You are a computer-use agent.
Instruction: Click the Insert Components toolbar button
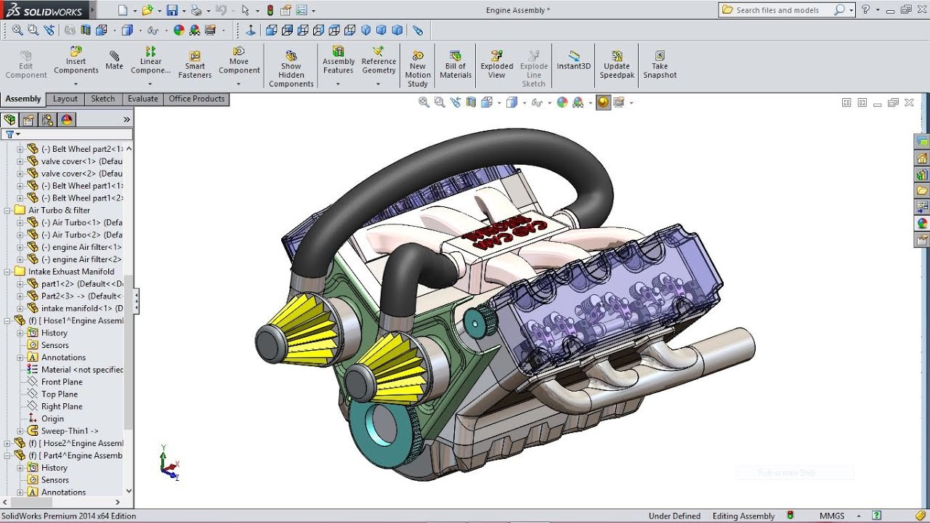76,61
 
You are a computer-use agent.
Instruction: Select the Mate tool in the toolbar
114,60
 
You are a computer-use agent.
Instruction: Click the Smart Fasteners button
195,65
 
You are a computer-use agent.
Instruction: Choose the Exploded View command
496,65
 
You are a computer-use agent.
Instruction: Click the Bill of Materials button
456,65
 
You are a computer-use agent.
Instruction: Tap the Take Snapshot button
659,65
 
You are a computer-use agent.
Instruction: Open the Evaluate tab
142,99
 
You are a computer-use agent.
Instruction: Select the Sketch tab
102,99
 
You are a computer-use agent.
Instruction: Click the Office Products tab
196,99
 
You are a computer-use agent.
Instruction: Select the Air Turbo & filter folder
59,210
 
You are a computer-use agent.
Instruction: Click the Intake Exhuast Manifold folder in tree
70,272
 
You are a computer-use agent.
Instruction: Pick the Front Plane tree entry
62,382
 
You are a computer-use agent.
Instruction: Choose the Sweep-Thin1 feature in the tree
69,431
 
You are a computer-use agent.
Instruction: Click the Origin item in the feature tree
52,418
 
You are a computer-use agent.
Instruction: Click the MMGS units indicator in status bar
832,516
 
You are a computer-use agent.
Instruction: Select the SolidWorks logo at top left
45,10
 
